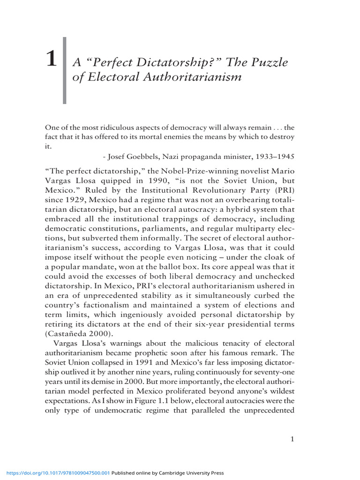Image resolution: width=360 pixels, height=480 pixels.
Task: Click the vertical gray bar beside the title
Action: pyautogui.click(x=64, y=70)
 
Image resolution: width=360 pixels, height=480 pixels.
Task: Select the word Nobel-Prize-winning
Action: pyautogui.click(x=193, y=169)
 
